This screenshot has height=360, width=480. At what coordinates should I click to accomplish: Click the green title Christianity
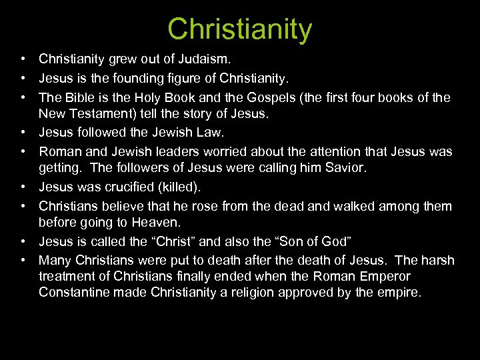coord(239,29)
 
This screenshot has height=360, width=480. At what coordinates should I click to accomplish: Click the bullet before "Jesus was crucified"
coord(23,187)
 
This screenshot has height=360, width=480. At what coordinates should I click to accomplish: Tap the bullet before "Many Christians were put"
coord(23,260)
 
